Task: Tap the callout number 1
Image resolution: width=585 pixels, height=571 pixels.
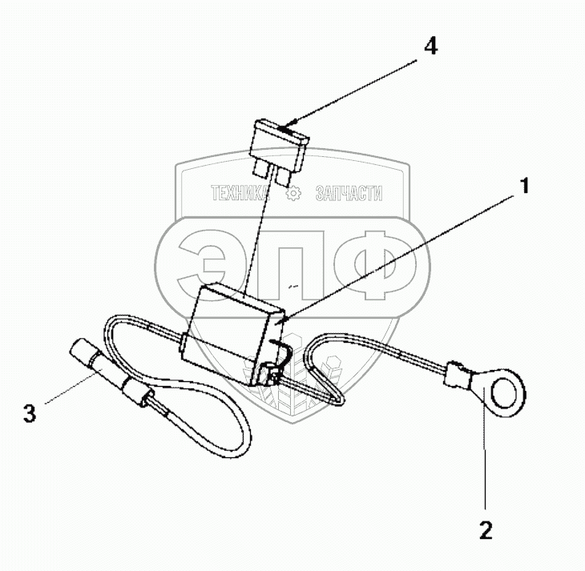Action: pyautogui.click(x=525, y=187)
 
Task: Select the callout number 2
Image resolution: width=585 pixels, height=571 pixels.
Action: pyautogui.click(x=486, y=529)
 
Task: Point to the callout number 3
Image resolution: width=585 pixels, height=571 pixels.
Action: pyautogui.click(x=30, y=414)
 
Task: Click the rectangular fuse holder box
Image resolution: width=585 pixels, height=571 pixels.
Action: pyautogui.click(x=236, y=328)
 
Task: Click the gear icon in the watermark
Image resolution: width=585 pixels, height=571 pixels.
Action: pyautogui.click(x=294, y=193)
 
